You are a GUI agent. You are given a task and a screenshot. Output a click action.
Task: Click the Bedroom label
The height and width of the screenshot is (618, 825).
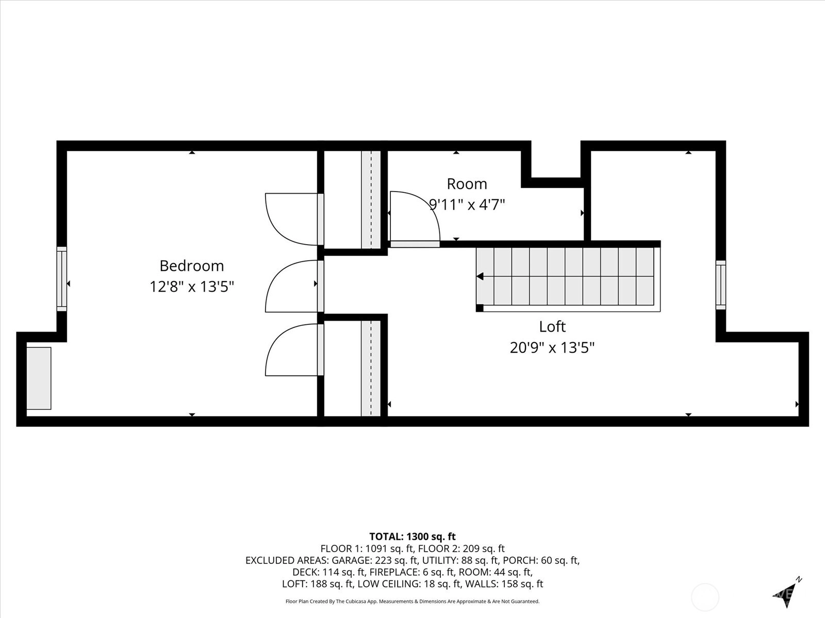click(192, 266)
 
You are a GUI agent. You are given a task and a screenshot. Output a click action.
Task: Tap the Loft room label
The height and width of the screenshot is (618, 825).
click(552, 327)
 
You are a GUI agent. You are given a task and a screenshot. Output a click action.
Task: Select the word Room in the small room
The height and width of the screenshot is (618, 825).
click(467, 184)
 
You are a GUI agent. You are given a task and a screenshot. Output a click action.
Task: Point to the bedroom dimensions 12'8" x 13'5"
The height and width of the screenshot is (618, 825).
click(192, 287)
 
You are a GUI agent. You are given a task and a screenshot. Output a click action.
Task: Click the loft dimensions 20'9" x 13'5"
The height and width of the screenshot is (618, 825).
click(552, 348)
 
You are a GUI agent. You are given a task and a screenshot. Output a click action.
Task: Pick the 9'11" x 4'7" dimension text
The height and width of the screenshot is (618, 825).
click(467, 204)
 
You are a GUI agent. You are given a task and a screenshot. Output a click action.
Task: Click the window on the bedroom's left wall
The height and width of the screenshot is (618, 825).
click(62, 279)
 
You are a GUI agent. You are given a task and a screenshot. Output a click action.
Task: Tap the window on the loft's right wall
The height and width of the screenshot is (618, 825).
click(720, 285)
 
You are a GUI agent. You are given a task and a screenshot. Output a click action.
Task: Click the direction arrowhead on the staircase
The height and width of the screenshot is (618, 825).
click(480, 277)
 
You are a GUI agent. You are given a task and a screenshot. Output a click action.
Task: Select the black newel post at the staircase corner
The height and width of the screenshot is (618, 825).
click(480, 308)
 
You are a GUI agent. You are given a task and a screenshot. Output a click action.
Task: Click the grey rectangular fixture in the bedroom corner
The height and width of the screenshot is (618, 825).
click(39, 378)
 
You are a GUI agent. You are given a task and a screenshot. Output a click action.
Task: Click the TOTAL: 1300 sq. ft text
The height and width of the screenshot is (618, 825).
click(412, 537)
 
